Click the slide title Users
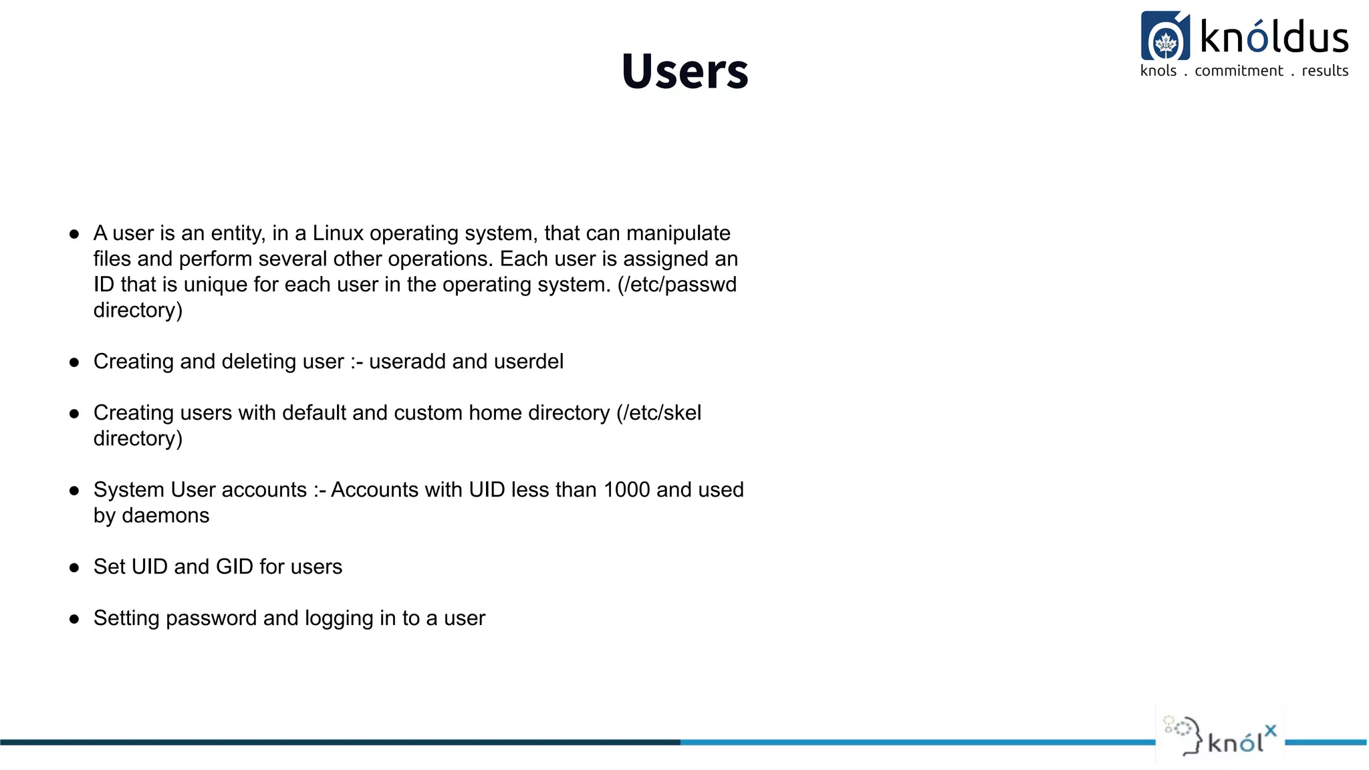tap(684, 71)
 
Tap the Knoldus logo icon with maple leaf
tap(1165, 37)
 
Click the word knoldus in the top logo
tap(1273, 37)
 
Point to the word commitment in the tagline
tap(1239, 71)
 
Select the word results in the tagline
tap(1325, 71)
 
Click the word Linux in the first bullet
tap(338, 233)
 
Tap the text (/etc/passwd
tap(676, 285)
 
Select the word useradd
tap(407, 362)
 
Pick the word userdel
tap(528, 362)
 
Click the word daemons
tap(165, 516)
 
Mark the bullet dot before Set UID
tap(74, 568)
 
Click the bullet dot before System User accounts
tap(74, 491)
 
